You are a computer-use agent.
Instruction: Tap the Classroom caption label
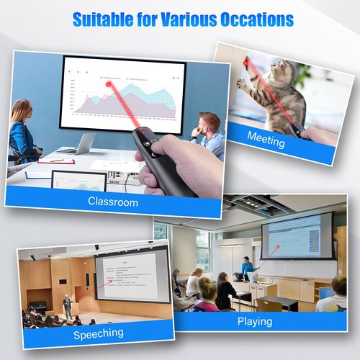[113, 202]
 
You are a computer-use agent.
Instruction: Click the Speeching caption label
[99, 333]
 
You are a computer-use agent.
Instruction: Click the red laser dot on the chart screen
[110, 85]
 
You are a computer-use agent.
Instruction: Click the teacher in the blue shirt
[247, 267]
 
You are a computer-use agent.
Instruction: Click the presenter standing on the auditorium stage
[67, 305]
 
